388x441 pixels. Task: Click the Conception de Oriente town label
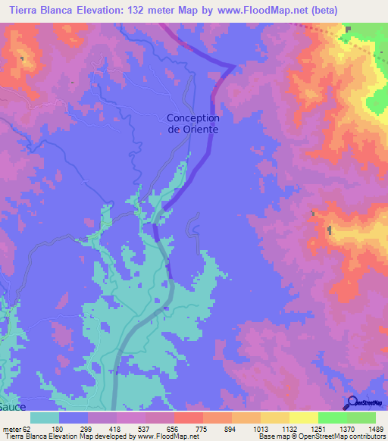[192, 124]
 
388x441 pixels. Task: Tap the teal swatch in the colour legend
[45, 418]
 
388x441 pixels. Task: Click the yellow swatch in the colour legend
[303, 418]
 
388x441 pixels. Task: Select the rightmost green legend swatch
[361, 418]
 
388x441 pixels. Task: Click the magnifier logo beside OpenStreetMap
[351, 404]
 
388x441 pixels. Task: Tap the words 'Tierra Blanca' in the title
[39, 11]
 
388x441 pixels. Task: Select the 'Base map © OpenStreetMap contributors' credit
[321, 436]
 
